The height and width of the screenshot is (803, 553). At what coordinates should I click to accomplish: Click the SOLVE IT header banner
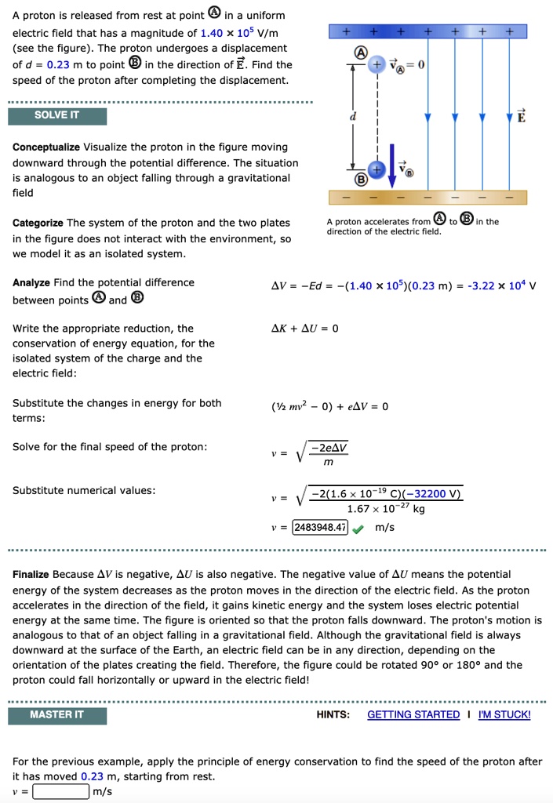coord(56,115)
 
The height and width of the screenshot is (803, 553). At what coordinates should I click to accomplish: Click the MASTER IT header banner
coord(56,714)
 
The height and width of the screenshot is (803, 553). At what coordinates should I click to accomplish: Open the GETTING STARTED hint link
coord(413,714)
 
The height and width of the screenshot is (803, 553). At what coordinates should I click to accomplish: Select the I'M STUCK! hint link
coord(504,714)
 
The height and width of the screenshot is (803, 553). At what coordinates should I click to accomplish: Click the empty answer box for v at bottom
coord(60,791)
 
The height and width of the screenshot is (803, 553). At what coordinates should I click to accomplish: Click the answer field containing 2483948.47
coord(320,528)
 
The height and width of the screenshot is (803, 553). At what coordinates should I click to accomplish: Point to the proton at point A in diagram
coord(377,66)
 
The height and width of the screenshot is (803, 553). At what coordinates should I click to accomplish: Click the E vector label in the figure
coord(522,116)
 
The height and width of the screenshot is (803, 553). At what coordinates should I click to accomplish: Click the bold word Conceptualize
coord(45,147)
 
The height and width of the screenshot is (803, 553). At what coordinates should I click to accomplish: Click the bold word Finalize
coord(31,574)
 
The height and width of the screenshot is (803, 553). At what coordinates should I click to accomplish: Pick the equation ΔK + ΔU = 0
coord(305,329)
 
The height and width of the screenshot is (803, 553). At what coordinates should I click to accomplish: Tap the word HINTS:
coord(333,714)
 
